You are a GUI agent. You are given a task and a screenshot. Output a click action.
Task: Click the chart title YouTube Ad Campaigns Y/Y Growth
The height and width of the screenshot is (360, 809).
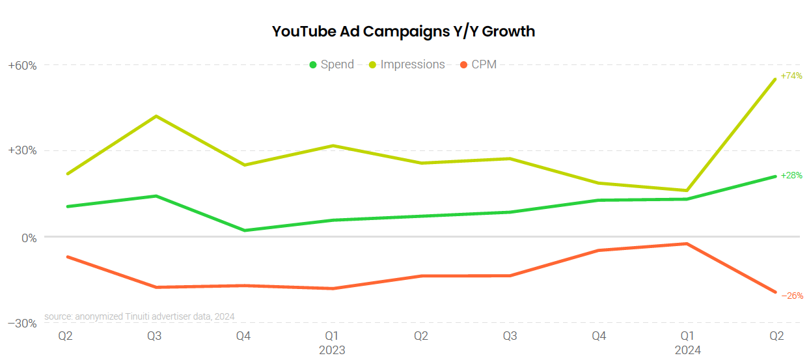[x=404, y=31]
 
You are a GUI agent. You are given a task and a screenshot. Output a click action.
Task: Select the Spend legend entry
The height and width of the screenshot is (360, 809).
[x=332, y=64]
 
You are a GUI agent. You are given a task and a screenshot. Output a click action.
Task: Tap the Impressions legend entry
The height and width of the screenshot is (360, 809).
[x=407, y=64]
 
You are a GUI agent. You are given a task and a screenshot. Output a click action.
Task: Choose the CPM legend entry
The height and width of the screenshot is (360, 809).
[x=478, y=64]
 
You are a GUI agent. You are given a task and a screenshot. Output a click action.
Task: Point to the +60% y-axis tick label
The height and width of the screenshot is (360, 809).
[x=22, y=66]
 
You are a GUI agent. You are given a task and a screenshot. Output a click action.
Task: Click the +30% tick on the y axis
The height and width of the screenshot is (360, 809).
[x=22, y=150]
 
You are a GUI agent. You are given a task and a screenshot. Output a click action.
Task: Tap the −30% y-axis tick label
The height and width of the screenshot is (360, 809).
[x=22, y=324]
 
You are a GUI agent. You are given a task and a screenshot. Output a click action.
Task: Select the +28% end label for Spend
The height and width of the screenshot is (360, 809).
[x=791, y=175]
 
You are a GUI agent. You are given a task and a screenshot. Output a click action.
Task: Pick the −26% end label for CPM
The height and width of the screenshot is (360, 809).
[x=791, y=295]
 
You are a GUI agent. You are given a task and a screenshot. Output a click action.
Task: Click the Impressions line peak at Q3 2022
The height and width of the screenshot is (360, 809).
[x=156, y=116]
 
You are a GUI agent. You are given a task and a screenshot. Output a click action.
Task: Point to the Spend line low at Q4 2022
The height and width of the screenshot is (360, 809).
[x=244, y=230]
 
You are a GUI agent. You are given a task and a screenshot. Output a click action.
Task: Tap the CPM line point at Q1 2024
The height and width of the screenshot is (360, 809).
[x=687, y=243]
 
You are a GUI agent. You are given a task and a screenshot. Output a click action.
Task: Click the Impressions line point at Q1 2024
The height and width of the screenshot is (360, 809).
[x=687, y=191]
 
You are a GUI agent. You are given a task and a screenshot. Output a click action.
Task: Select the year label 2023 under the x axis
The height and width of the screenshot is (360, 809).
[x=332, y=350]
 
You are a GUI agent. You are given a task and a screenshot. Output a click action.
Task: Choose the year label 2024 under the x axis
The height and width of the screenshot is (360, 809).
[x=687, y=350]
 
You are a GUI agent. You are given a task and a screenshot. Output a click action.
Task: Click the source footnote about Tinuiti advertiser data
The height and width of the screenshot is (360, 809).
[x=139, y=316]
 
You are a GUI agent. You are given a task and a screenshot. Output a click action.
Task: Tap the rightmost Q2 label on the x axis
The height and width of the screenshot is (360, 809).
[x=776, y=337]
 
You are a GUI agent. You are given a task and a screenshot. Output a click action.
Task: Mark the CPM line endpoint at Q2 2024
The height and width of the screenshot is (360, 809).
[x=776, y=292]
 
